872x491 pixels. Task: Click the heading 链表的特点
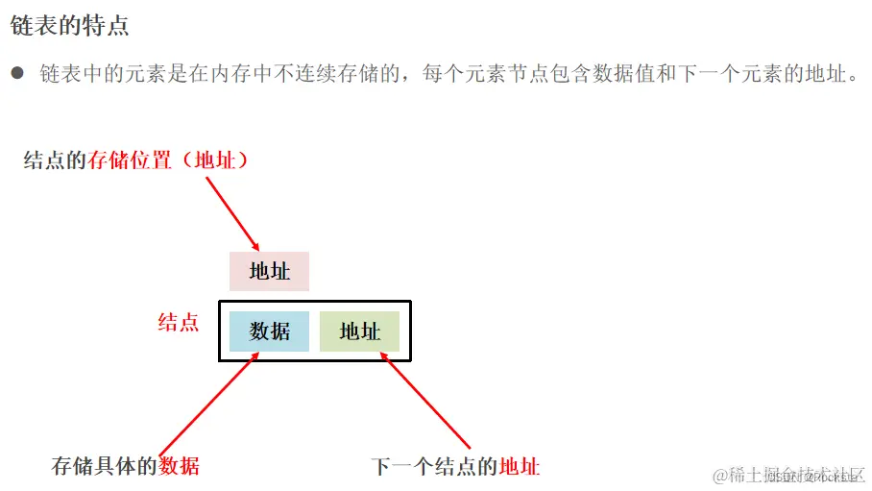point(69,26)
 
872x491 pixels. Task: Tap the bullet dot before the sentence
point(17,73)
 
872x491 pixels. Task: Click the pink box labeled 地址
point(269,271)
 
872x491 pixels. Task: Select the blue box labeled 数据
point(269,331)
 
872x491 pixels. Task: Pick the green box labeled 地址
point(359,331)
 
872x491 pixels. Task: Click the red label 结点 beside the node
point(179,323)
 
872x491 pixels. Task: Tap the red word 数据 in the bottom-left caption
point(180,467)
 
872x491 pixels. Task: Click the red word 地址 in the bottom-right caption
point(520,467)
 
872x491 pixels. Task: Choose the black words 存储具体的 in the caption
point(105,467)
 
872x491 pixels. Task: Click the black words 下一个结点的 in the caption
point(435,467)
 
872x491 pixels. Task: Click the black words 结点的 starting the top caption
point(56,160)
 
